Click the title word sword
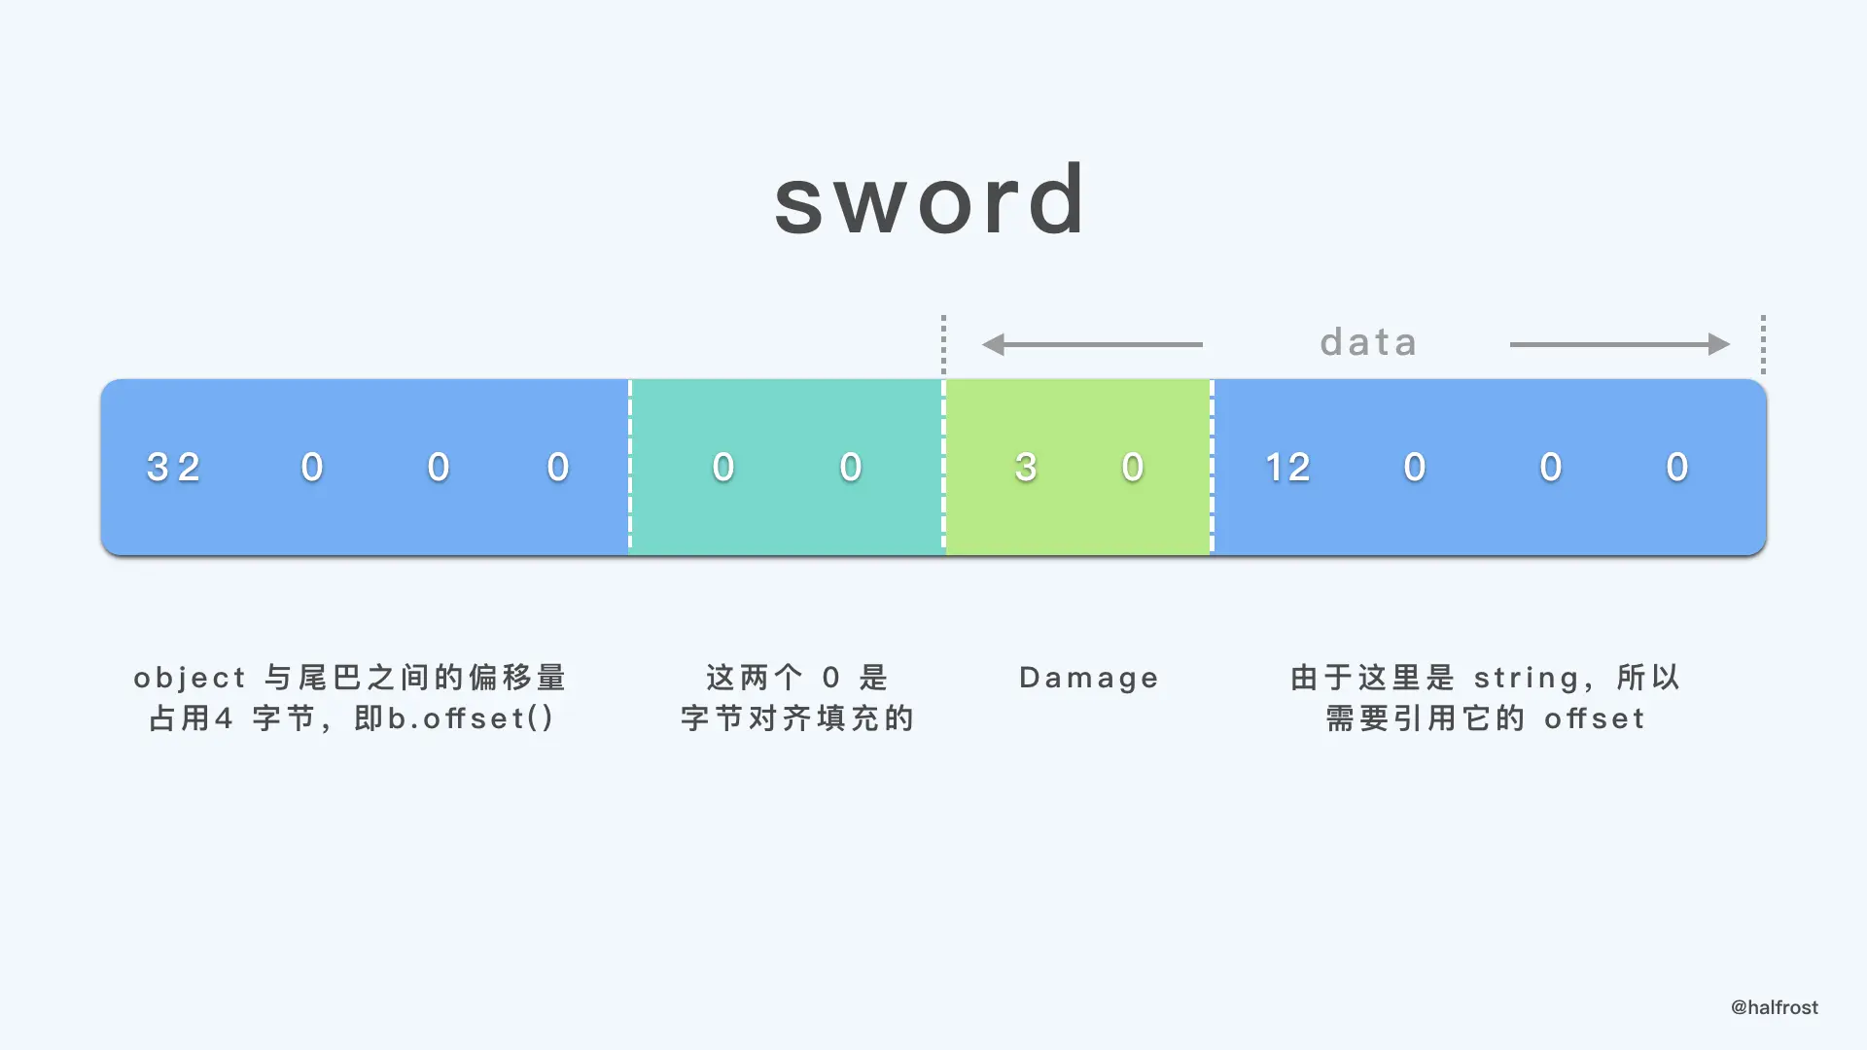coord(930,200)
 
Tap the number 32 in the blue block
coord(174,468)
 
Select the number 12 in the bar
coord(1287,468)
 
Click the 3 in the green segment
coord(1026,468)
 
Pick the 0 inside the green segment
coord(1133,468)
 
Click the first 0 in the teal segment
coord(723,468)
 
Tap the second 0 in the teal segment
coord(851,468)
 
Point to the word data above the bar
coord(1368,342)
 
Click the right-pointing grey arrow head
coord(1718,344)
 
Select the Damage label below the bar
coord(1089,678)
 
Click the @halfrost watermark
coord(1774,1007)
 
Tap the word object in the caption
coord(191,678)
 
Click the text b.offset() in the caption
coord(472,718)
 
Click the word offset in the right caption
coord(1595,718)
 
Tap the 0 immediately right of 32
coord(312,468)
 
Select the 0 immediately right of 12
coord(1415,468)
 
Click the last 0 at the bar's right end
coord(1677,468)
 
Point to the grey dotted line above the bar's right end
coord(1763,344)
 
